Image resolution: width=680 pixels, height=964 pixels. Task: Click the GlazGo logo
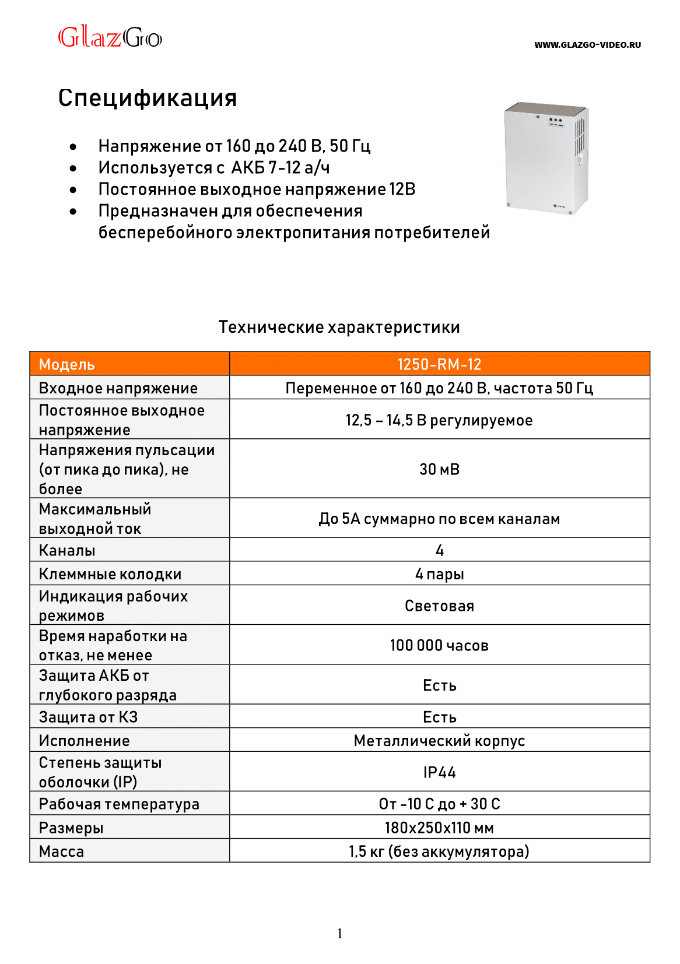[110, 37]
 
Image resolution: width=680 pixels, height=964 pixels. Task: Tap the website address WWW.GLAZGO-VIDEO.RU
[587, 45]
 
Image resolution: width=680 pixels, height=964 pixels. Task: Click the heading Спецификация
[148, 98]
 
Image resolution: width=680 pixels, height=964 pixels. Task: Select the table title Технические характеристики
[339, 327]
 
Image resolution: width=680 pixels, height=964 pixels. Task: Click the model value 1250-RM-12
[439, 364]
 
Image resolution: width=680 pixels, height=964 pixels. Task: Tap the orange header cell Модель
[66, 365]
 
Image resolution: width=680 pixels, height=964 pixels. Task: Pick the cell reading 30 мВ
[439, 469]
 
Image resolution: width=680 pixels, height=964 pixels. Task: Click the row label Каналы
[67, 550]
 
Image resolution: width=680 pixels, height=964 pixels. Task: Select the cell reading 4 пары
[439, 574]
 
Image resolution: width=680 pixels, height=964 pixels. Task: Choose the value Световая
[439, 606]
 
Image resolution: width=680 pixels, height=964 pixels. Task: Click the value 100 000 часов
[439, 646]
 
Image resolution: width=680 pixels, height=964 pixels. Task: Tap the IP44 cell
[439, 772]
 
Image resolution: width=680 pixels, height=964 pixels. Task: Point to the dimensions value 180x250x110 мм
[439, 828]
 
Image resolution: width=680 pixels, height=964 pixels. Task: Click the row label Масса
[61, 852]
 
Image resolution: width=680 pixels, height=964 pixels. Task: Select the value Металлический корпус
[439, 741]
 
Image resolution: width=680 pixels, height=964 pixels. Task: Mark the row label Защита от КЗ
[88, 717]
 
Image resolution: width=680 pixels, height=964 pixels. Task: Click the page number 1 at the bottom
[339, 934]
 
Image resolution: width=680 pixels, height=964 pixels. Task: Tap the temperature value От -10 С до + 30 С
[439, 804]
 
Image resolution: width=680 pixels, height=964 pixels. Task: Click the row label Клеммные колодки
[110, 574]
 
